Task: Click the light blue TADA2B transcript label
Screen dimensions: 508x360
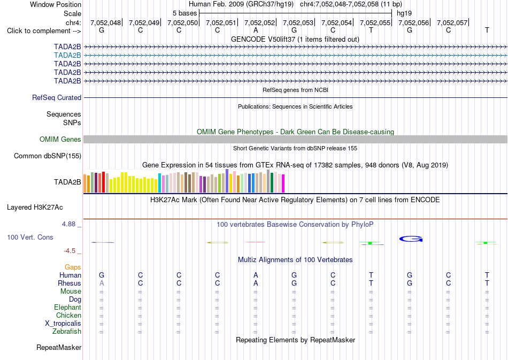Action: coord(67,56)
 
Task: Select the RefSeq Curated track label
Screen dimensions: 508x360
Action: coord(57,97)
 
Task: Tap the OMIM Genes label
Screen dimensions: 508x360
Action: coord(60,139)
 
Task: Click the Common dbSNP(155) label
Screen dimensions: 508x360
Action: coord(48,156)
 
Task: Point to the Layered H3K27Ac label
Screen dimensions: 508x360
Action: coord(35,208)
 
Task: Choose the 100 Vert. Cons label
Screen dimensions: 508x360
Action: coord(30,237)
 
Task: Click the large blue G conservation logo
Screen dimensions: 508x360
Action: coord(411,239)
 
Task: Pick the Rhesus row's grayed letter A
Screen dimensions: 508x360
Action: coord(102,283)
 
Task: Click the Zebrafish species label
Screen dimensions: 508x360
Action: coord(67,332)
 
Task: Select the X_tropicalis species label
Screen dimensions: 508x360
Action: coord(63,324)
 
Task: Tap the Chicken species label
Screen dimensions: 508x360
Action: coord(68,315)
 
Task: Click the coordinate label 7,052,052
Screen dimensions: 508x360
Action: coord(259,22)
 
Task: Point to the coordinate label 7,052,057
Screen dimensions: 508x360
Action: coord(452,22)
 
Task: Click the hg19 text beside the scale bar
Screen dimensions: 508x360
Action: coord(404,13)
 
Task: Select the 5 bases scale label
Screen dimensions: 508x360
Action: coord(184,13)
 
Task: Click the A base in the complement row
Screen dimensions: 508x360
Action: coord(256,30)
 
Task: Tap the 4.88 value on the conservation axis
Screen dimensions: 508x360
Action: coord(68,224)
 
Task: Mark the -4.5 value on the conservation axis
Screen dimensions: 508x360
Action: coord(70,251)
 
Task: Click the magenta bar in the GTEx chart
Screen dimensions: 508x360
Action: coord(283,183)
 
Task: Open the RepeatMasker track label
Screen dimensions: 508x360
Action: coord(59,347)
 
